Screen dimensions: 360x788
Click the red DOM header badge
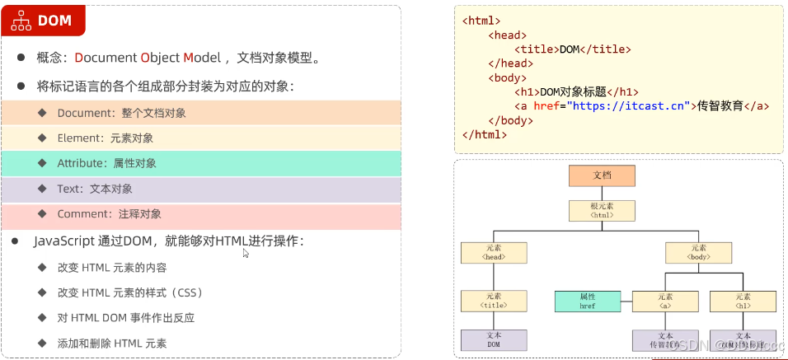[43, 21]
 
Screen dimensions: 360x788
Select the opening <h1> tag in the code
[527, 92]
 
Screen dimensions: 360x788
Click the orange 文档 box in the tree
[602, 175]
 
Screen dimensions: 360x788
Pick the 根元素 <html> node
[602, 210]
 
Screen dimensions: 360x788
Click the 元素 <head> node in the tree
[494, 252]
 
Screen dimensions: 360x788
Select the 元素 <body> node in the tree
[698, 252]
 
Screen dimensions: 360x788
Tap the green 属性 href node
[587, 302]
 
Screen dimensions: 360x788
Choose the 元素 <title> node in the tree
[494, 302]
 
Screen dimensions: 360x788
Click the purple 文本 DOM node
[494, 340]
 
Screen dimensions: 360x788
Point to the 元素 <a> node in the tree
[665, 302]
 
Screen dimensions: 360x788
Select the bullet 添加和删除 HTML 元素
[118, 344]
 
